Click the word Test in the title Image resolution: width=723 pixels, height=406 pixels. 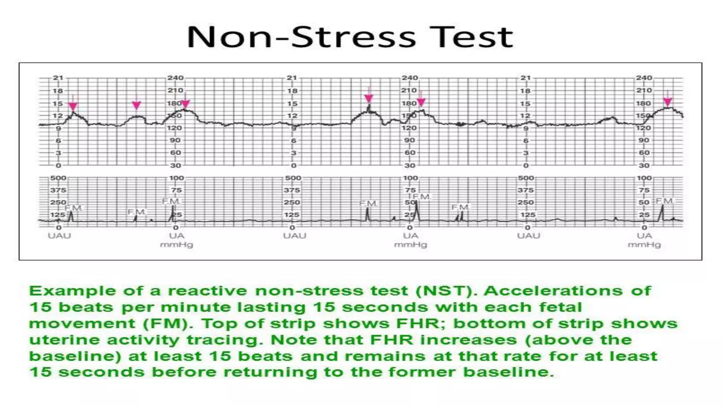coord(471,37)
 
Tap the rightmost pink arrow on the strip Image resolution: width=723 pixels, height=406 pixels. coord(667,101)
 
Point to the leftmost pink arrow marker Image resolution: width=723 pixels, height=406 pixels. coord(73,106)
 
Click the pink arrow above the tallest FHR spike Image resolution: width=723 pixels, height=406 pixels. coord(369,98)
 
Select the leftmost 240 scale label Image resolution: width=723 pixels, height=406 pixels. coord(175,78)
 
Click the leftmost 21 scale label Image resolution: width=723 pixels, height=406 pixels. coord(58,78)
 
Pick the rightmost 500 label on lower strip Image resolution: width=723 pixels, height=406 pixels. coord(525,178)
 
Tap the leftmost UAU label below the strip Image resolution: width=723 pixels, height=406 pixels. coord(59,236)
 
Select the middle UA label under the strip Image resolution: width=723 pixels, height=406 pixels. coord(410,236)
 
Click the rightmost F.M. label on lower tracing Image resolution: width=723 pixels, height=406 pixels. coord(664,201)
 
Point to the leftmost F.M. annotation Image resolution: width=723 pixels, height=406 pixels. coord(73,208)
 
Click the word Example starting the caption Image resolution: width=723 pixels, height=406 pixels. coord(72,291)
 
